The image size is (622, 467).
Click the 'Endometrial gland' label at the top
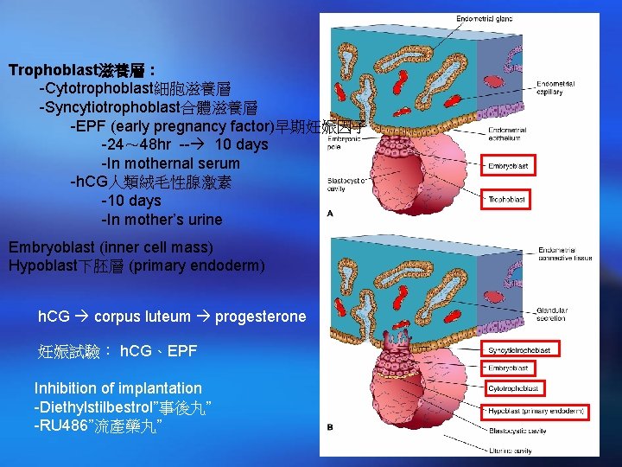pyautogui.click(x=485, y=19)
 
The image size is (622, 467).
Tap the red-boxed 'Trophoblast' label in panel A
pyautogui.click(x=506, y=199)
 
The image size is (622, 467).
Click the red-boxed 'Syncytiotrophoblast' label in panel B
pyautogui.click(x=521, y=349)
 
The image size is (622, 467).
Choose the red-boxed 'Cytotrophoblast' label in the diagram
pyautogui.click(x=515, y=388)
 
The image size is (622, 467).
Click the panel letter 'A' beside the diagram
pyautogui.click(x=331, y=213)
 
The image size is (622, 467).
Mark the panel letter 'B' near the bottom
pyautogui.click(x=330, y=427)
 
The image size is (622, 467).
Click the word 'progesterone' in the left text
pyautogui.click(x=261, y=317)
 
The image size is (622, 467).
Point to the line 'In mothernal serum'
pyautogui.click(x=170, y=163)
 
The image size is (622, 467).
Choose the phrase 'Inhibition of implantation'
pyautogui.click(x=118, y=388)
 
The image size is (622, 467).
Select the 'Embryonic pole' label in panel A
pyautogui.click(x=341, y=143)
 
